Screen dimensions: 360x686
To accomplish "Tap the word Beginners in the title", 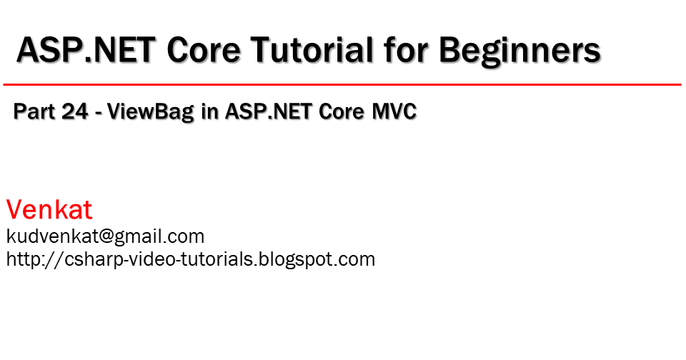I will (x=520, y=51).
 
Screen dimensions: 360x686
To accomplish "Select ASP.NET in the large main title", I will (x=86, y=51).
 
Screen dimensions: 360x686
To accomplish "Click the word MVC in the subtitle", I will (x=395, y=112).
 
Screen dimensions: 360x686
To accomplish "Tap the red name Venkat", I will (x=49, y=210).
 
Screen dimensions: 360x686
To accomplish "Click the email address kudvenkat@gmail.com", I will (x=105, y=236).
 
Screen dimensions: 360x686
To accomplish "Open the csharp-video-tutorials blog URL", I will (x=190, y=259).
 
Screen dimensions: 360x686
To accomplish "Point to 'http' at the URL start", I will (x=21, y=259).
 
